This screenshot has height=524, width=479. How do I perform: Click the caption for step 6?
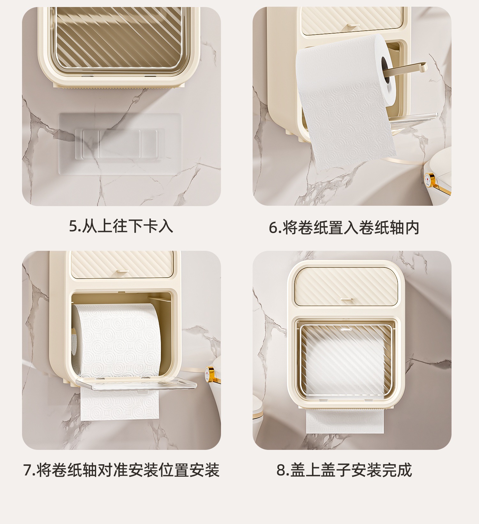point(344,227)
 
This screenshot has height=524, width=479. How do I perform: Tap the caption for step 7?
point(121,470)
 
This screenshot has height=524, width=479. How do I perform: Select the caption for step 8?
point(344,470)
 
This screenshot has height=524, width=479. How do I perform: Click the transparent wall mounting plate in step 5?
point(120,144)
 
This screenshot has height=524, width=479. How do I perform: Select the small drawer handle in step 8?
point(346,299)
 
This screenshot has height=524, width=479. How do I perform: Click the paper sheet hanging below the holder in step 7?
point(119,404)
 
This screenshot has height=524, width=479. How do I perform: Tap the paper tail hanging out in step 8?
point(345,422)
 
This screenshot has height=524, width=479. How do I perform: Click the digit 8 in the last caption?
point(281,470)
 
